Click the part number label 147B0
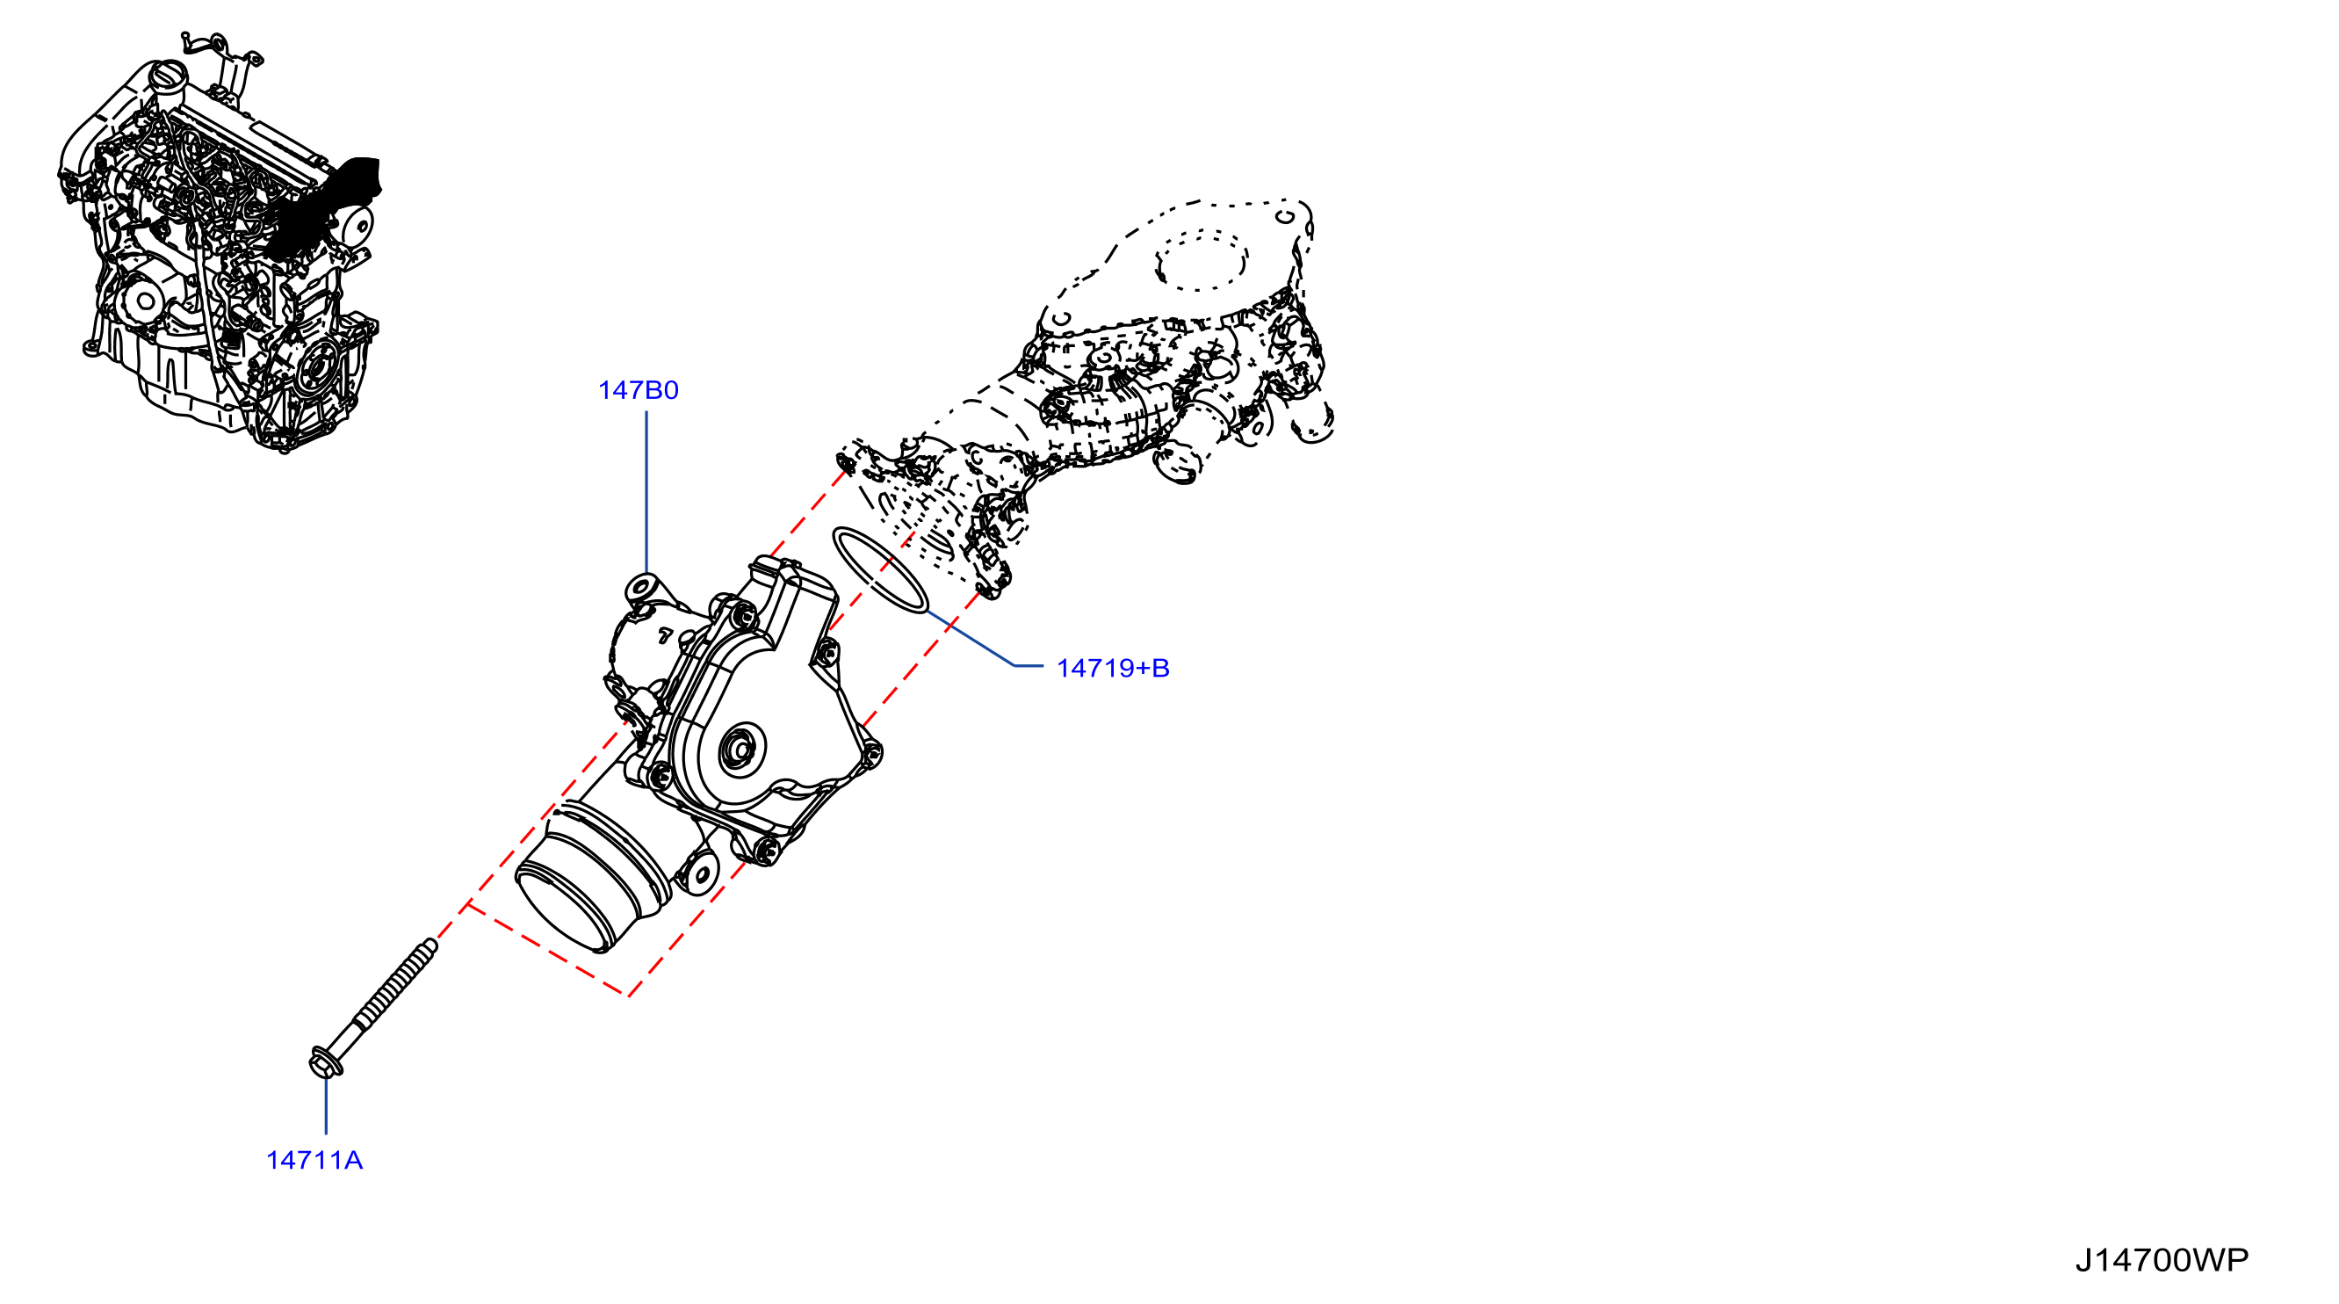click(x=639, y=390)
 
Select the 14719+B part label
click(x=1112, y=669)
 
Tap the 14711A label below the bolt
click(x=314, y=1161)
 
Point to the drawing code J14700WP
click(x=2162, y=1259)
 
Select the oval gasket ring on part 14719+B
click(x=881, y=569)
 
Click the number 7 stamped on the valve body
click(x=666, y=635)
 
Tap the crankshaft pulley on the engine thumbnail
click(x=316, y=370)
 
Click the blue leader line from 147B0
click(x=646, y=492)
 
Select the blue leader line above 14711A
click(x=326, y=1105)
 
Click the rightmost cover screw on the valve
click(x=870, y=754)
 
